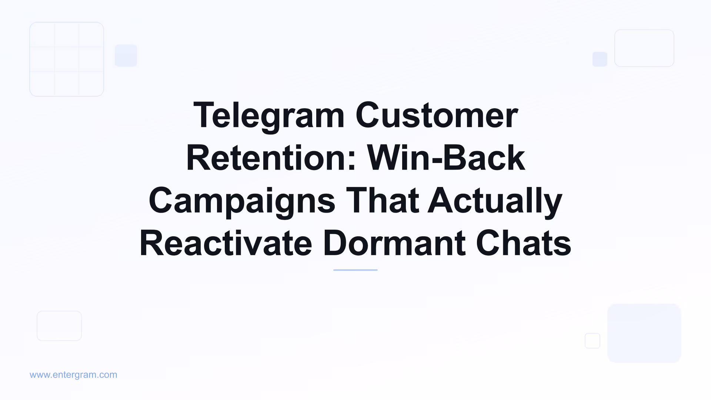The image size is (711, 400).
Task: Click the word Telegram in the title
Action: click(x=269, y=116)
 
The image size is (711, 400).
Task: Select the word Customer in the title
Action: click(x=437, y=116)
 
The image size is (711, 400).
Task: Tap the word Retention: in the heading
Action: click(x=271, y=158)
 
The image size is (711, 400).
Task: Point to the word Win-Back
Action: click(x=446, y=158)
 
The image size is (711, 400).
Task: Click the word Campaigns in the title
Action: click(x=242, y=201)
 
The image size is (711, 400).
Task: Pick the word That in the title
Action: click(x=382, y=201)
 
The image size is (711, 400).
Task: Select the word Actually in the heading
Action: click(x=495, y=201)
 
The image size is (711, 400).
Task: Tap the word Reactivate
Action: click(x=226, y=243)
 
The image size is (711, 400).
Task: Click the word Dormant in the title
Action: click(x=394, y=243)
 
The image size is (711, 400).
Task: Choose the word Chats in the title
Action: click(x=524, y=243)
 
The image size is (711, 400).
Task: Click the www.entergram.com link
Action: click(x=73, y=375)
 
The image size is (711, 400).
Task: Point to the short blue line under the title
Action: click(x=355, y=270)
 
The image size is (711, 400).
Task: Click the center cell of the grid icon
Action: click(x=67, y=59)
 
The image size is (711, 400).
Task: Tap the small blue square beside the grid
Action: click(x=126, y=56)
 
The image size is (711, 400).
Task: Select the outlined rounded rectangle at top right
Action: click(x=644, y=48)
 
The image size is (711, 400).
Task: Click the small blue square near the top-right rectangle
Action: click(x=600, y=59)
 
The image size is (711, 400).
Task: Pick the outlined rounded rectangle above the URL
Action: click(x=59, y=326)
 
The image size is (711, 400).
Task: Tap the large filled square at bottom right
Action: click(x=644, y=333)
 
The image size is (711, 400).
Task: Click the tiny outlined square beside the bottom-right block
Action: click(x=592, y=341)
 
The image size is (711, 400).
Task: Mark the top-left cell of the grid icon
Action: click(x=42, y=35)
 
